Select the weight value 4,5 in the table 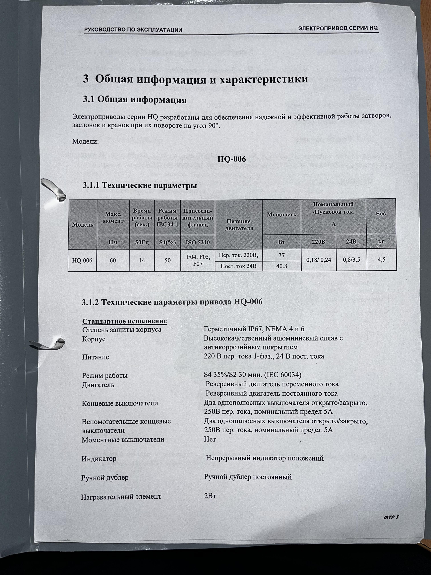click(381, 259)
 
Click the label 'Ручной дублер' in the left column click(105, 478)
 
